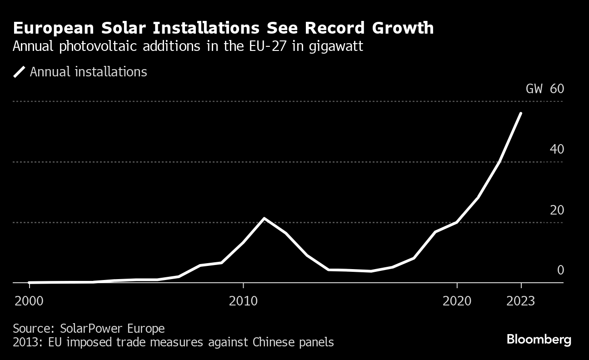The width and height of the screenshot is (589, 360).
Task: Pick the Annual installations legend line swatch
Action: coord(19,72)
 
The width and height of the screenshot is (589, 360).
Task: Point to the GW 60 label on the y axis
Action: coord(544,89)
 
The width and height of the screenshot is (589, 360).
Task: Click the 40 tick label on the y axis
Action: coord(557,149)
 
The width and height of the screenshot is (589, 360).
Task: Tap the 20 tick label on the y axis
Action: coord(557,210)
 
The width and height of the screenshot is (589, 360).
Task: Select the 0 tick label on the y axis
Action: coord(560,270)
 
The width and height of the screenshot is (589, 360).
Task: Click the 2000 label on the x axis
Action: coord(30,301)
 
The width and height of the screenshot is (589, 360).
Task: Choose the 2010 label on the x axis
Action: coord(243,301)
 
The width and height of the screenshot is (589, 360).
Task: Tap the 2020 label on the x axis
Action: coord(457,301)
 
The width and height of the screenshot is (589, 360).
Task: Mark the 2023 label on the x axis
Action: coord(521,301)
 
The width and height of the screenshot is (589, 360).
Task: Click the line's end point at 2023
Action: coord(521,113)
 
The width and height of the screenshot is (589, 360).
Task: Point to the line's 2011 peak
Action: coord(265,219)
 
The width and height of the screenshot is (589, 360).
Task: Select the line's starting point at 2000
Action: coord(30,282)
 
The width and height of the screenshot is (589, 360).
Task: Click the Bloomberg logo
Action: coord(539,340)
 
